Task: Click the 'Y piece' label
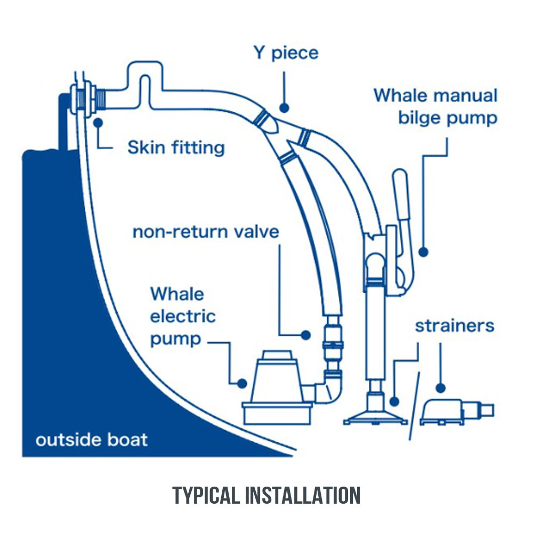point(286,53)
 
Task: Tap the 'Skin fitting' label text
point(175,147)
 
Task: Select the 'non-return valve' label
point(205,232)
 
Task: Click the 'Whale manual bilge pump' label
point(435,107)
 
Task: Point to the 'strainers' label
point(454,326)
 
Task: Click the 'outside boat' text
point(91,440)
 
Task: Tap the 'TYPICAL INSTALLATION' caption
point(266,495)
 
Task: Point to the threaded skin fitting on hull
point(84,100)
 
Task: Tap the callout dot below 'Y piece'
point(284,108)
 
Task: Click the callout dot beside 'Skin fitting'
point(98,122)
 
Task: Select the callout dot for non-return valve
point(305,335)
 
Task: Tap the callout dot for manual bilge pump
point(424,251)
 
